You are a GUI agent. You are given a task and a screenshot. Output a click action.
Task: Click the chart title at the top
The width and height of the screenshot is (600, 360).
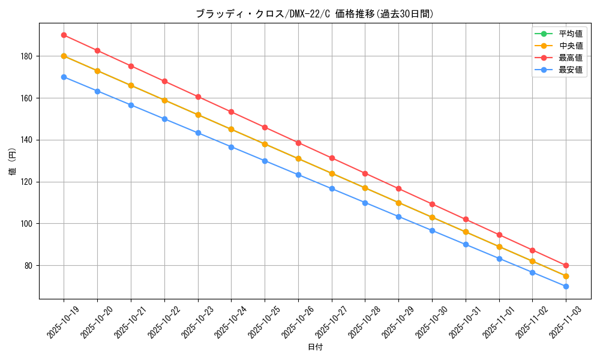[314, 14]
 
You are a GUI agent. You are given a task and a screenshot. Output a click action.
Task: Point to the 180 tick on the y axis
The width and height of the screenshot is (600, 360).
[28, 56]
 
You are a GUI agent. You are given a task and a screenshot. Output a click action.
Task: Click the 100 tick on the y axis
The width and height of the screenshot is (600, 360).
[28, 224]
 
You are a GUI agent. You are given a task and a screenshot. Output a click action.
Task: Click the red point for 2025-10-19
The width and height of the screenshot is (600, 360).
[64, 35]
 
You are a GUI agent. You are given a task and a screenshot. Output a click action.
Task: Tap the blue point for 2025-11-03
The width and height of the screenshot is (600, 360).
[566, 286]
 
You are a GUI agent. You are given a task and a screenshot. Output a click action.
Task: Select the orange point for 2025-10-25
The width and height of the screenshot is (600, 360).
[265, 144]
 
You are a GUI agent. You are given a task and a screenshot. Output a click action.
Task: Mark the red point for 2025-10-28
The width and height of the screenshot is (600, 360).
[365, 173]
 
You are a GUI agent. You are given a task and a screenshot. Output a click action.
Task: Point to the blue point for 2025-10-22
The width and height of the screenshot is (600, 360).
[164, 119]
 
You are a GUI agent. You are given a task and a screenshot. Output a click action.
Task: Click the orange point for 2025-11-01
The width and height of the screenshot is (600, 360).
[499, 247]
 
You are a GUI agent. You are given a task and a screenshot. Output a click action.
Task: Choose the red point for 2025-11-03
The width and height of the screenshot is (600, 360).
[566, 265]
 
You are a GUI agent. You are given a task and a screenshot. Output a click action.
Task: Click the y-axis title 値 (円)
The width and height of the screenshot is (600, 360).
[13, 162]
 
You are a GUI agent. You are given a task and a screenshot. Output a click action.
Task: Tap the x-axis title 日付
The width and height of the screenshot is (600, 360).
[314, 347]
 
